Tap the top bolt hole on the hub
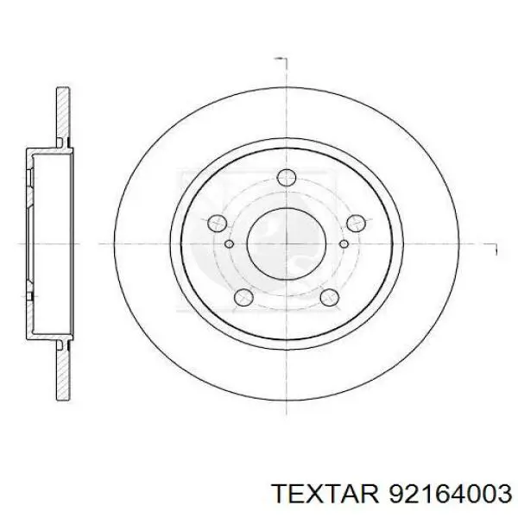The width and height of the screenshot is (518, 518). (x=287, y=180)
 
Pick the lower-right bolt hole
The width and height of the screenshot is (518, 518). (x=329, y=299)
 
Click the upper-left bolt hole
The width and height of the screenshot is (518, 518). (x=217, y=224)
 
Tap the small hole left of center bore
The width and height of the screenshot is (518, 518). (x=229, y=243)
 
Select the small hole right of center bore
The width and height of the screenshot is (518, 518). (x=344, y=243)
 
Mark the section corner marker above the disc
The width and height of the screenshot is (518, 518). (x=280, y=60)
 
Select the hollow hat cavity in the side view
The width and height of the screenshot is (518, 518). (x=47, y=243)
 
